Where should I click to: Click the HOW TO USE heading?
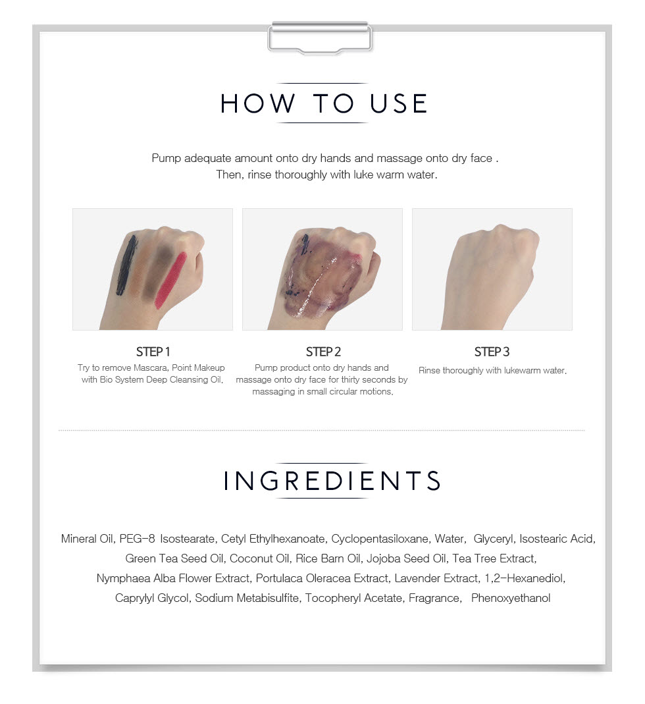(323, 103)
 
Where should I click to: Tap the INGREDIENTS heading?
(332, 480)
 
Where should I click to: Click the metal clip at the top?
(320, 38)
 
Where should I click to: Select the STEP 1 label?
(153, 352)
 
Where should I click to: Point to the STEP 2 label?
(323, 352)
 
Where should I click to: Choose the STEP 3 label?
(492, 352)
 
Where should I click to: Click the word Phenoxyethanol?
(511, 598)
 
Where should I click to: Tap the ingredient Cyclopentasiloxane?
(380, 539)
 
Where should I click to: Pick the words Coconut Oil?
(259, 558)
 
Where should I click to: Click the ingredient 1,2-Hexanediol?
(525, 578)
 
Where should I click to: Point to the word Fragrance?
(434, 598)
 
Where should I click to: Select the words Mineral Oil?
(87, 539)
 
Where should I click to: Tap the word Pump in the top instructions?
(166, 159)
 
